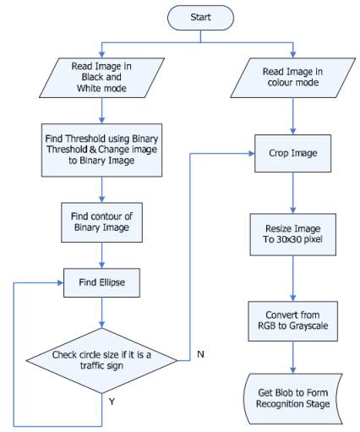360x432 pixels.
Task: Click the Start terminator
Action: tap(200, 18)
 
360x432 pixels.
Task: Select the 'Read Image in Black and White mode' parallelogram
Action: tap(101, 78)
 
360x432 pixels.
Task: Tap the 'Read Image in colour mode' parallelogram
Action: tap(293, 78)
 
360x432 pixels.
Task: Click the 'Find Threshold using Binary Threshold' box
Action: tap(101, 150)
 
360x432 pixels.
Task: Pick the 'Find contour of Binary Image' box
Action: tap(101, 222)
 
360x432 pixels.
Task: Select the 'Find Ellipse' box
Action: tap(101, 282)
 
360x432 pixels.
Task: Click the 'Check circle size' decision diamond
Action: tap(101, 360)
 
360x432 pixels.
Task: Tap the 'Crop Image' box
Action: tap(293, 153)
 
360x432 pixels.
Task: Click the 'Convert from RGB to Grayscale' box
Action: tap(293, 321)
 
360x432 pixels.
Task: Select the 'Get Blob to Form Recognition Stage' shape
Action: tap(293, 398)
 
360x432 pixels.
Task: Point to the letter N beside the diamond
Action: tap(200, 354)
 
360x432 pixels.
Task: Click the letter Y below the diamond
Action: tap(112, 402)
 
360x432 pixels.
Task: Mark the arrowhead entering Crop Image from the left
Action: tap(252, 153)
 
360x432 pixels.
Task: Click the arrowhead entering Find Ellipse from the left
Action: tap(60, 282)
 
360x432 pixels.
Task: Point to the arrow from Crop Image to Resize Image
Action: tap(293, 193)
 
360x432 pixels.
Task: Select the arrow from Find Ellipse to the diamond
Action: tap(101, 313)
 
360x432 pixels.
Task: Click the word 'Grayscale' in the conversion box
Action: tap(308, 326)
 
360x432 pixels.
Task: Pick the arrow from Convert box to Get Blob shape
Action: tap(293, 358)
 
